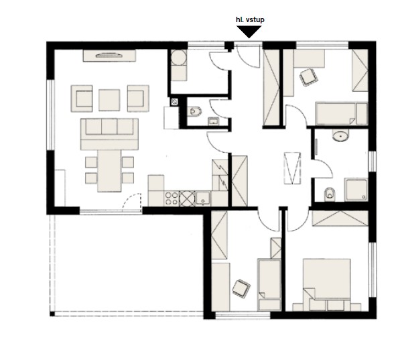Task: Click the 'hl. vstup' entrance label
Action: [250, 19]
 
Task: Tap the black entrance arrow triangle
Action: [249, 32]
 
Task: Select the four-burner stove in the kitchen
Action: [172, 198]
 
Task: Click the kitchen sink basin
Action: [203, 198]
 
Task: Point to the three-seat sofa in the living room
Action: [109, 134]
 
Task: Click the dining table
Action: [109, 171]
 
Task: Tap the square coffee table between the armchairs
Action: [109, 100]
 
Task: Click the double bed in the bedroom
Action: [326, 284]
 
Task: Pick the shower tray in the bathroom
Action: [356, 190]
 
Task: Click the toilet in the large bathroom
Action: [330, 194]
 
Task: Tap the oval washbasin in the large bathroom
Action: [340, 136]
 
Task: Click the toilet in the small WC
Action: [195, 111]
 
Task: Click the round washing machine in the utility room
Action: [178, 57]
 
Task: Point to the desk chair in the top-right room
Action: [309, 77]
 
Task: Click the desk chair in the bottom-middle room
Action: [241, 288]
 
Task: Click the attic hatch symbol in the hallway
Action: [292, 168]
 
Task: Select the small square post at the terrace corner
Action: [52, 314]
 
